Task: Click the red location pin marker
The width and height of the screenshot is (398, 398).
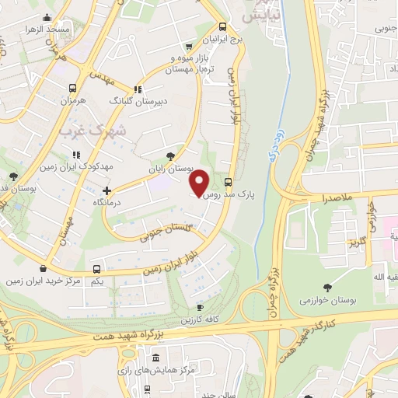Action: click(200, 182)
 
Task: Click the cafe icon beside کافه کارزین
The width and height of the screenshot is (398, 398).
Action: click(200, 308)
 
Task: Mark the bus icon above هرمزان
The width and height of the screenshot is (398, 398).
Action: click(72, 89)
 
